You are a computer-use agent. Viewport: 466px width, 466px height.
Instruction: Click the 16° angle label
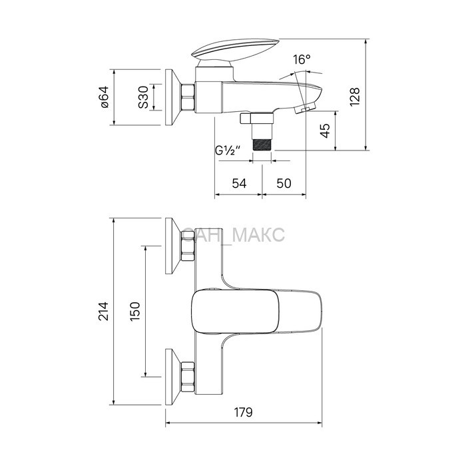(302, 59)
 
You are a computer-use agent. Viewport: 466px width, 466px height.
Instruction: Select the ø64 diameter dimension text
(105, 97)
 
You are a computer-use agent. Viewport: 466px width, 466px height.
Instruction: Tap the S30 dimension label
(143, 97)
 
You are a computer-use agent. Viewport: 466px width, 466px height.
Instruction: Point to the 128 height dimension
(355, 97)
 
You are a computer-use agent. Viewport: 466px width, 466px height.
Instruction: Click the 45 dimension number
(326, 130)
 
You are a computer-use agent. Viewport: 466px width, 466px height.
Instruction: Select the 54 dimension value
(239, 183)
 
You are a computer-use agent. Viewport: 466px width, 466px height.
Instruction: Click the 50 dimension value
(284, 183)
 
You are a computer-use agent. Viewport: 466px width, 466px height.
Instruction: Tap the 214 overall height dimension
(104, 311)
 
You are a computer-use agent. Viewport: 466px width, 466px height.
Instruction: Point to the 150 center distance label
(135, 311)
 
